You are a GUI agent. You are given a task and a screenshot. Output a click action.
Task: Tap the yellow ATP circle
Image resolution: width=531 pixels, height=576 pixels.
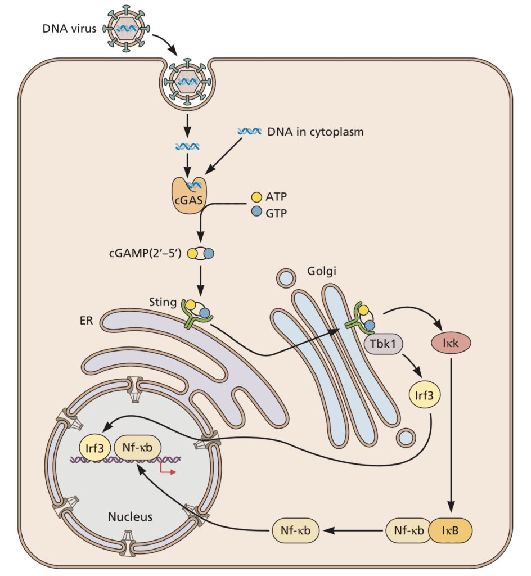(x=256, y=197)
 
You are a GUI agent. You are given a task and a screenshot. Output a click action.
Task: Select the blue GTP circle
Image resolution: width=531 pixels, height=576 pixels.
(x=256, y=212)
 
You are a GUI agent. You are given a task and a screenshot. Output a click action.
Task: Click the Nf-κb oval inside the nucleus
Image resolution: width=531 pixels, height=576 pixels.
(x=138, y=448)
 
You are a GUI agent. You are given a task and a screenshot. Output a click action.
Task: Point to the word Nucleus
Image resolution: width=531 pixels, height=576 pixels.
(x=130, y=515)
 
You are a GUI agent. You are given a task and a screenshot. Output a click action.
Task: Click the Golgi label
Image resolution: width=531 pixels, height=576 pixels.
(x=321, y=271)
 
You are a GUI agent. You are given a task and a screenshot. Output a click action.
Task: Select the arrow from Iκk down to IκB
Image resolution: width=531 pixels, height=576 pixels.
(x=452, y=433)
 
